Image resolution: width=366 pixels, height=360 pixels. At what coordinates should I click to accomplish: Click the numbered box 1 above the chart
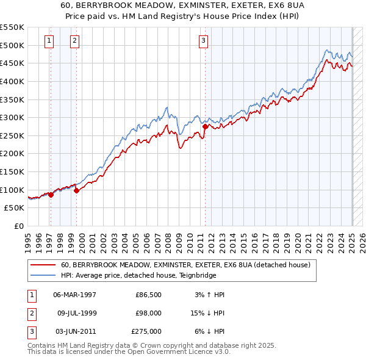(48, 41)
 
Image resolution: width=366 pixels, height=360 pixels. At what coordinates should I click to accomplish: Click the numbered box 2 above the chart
(74, 41)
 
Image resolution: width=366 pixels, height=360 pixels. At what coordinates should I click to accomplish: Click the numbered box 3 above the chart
(203, 41)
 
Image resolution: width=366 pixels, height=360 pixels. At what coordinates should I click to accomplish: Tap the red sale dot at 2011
(206, 127)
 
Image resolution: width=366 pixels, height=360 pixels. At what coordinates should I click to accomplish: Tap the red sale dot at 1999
(77, 191)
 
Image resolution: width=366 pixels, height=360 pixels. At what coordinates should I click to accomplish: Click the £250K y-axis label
(13, 135)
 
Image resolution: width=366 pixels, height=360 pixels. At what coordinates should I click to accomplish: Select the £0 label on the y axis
(19, 226)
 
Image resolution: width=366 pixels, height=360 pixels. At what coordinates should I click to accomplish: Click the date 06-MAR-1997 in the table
(75, 295)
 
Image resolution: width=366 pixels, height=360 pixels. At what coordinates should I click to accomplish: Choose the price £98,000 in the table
(149, 313)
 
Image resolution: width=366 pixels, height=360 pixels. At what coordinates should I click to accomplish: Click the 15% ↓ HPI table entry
(208, 313)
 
